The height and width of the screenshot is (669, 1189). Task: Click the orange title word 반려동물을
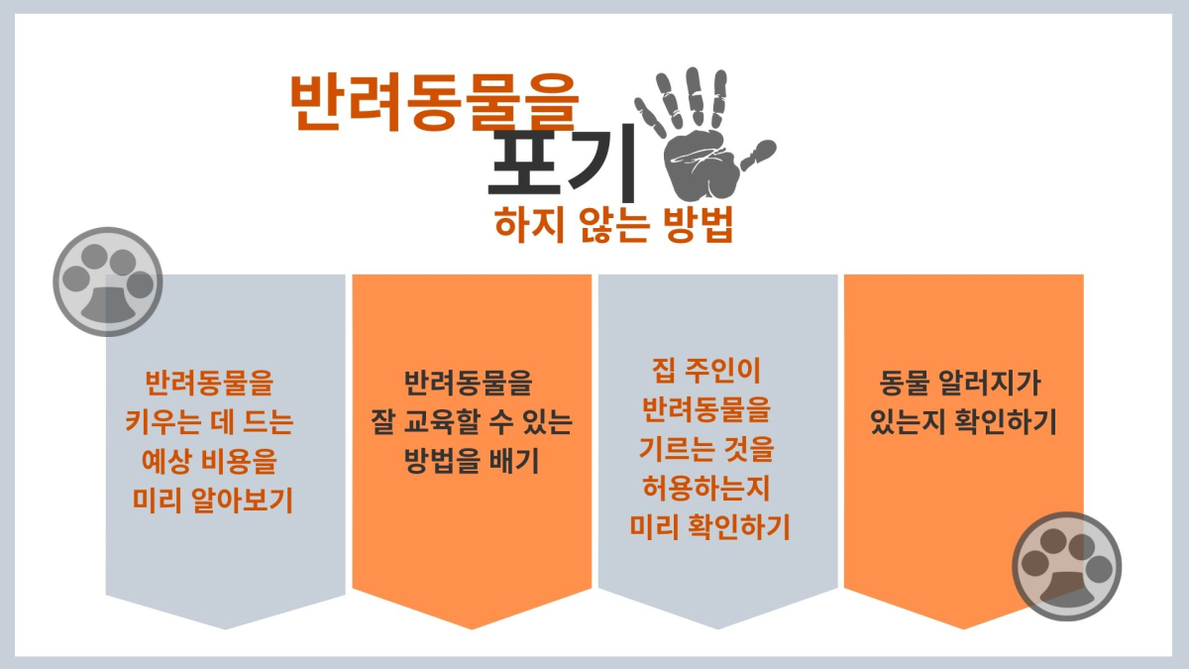pyautogui.click(x=434, y=102)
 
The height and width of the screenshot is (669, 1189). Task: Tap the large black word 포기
pyautogui.click(x=562, y=162)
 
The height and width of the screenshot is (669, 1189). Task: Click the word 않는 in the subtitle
pyautogui.click(x=614, y=225)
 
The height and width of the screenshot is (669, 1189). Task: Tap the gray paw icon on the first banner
pyautogui.click(x=108, y=281)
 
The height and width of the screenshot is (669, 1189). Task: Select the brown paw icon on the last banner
pyautogui.click(x=1067, y=566)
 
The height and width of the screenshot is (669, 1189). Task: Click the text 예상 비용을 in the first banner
pyautogui.click(x=209, y=461)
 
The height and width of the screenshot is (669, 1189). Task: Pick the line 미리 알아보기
pyautogui.click(x=212, y=501)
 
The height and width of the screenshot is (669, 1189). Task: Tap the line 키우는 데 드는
pyautogui.click(x=209, y=421)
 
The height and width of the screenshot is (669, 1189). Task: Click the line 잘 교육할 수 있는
pyautogui.click(x=472, y=421)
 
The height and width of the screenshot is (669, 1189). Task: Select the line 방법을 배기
pyautogui.click(x=472, y=461)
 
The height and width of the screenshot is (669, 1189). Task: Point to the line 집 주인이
pyautogui.click(x=705, y=371)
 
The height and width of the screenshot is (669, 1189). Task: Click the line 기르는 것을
pyautogui.click(x=705, y=449)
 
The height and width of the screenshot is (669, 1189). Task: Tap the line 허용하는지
pyautogui.click(x=705, y=489)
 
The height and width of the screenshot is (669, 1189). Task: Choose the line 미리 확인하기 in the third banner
pyautogui.click(x=709, y=526)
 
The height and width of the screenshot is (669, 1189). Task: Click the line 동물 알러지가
pyautogui.click(x=960, y=383)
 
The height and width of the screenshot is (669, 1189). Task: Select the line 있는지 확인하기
pyautogui.click(x=963, y=421)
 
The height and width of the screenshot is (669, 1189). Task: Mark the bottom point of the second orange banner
pyautogui.click(x=472, y=629)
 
